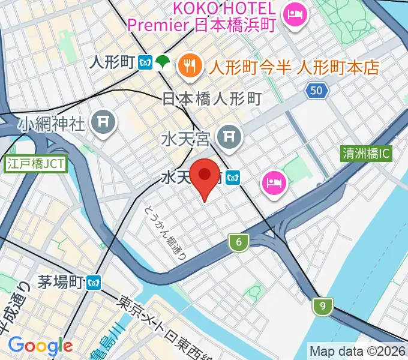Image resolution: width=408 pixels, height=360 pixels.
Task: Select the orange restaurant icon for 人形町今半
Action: [191, 65]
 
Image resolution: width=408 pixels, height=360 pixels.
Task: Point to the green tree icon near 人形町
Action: [162, 61]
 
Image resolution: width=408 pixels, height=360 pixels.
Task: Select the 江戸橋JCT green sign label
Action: [35, 163]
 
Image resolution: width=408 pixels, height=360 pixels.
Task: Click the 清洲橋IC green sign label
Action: [365, 154]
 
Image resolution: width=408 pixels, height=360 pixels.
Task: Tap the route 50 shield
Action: [317, 91]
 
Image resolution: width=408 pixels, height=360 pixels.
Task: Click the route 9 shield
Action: [323, 307]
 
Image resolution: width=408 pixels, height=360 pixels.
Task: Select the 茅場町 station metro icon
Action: [93, 281]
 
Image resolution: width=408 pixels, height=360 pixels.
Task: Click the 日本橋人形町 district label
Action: [212, 98]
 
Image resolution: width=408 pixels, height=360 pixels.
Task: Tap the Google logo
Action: [40, 345]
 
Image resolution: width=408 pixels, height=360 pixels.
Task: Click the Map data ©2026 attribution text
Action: [357, 351]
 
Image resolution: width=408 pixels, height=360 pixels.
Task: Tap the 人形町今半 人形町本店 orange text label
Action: [293, 67]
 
